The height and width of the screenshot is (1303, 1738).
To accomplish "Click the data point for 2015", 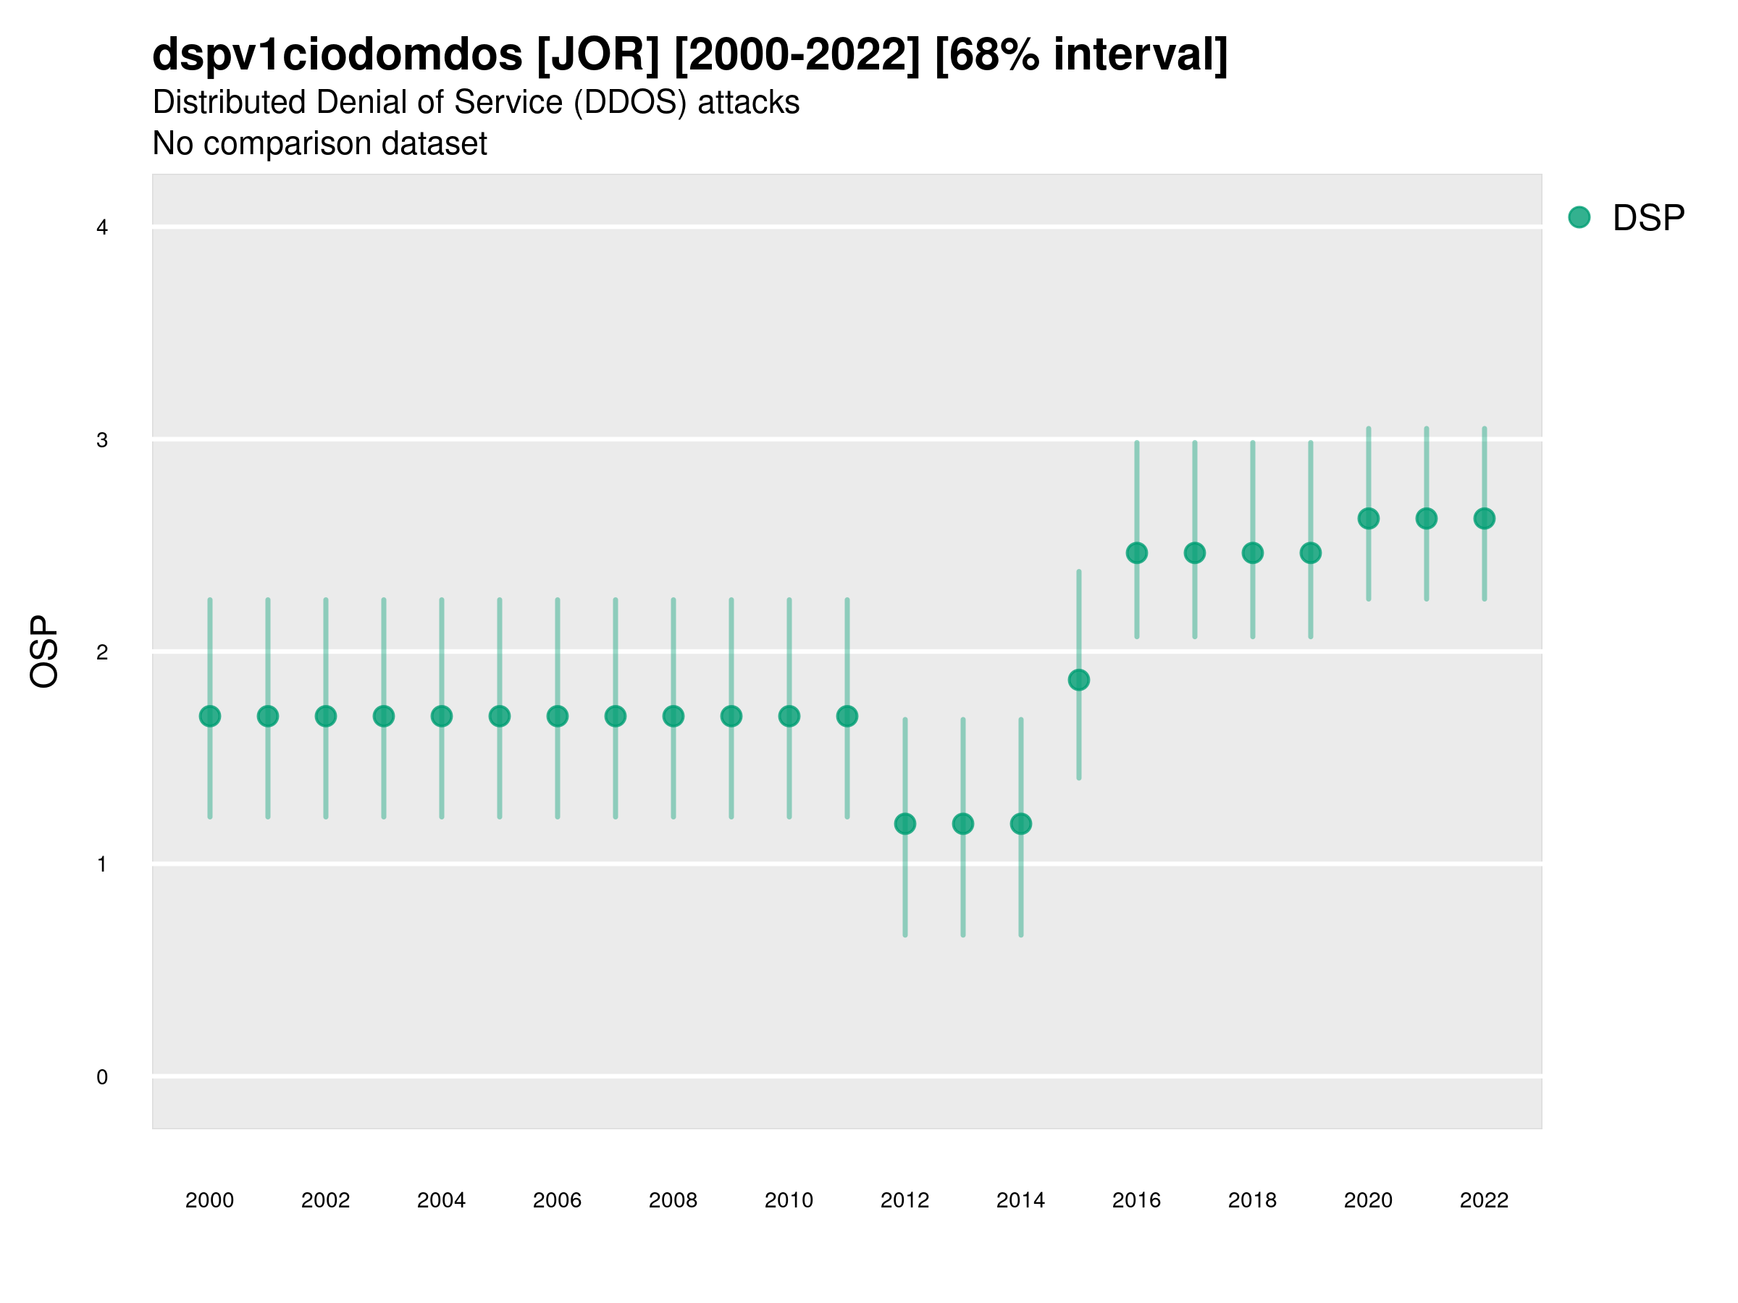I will (x=1078, y=680).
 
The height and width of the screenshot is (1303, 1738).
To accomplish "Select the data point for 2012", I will (x=904, y=823).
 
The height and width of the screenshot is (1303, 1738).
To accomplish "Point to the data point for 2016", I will (x=1136, y=553).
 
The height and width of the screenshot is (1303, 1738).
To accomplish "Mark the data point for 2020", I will (x=1368, y=518).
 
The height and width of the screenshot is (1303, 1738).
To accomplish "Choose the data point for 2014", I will (x=1020, y=823).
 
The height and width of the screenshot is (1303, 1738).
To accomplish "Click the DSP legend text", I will (x=1647, y=218).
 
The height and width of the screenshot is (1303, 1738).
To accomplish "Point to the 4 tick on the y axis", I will (x=102, y=228).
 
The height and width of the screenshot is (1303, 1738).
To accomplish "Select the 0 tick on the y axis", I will (x=102, y=1077).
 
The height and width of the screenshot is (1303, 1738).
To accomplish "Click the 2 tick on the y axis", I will (x=102, y=652).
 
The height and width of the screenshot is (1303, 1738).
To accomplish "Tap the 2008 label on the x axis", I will (x=673, y=1200).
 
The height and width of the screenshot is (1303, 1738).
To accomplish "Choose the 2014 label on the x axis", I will (x=1020, y=1200).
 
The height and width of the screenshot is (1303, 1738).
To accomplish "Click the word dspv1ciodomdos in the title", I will (x=337, y=55).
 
